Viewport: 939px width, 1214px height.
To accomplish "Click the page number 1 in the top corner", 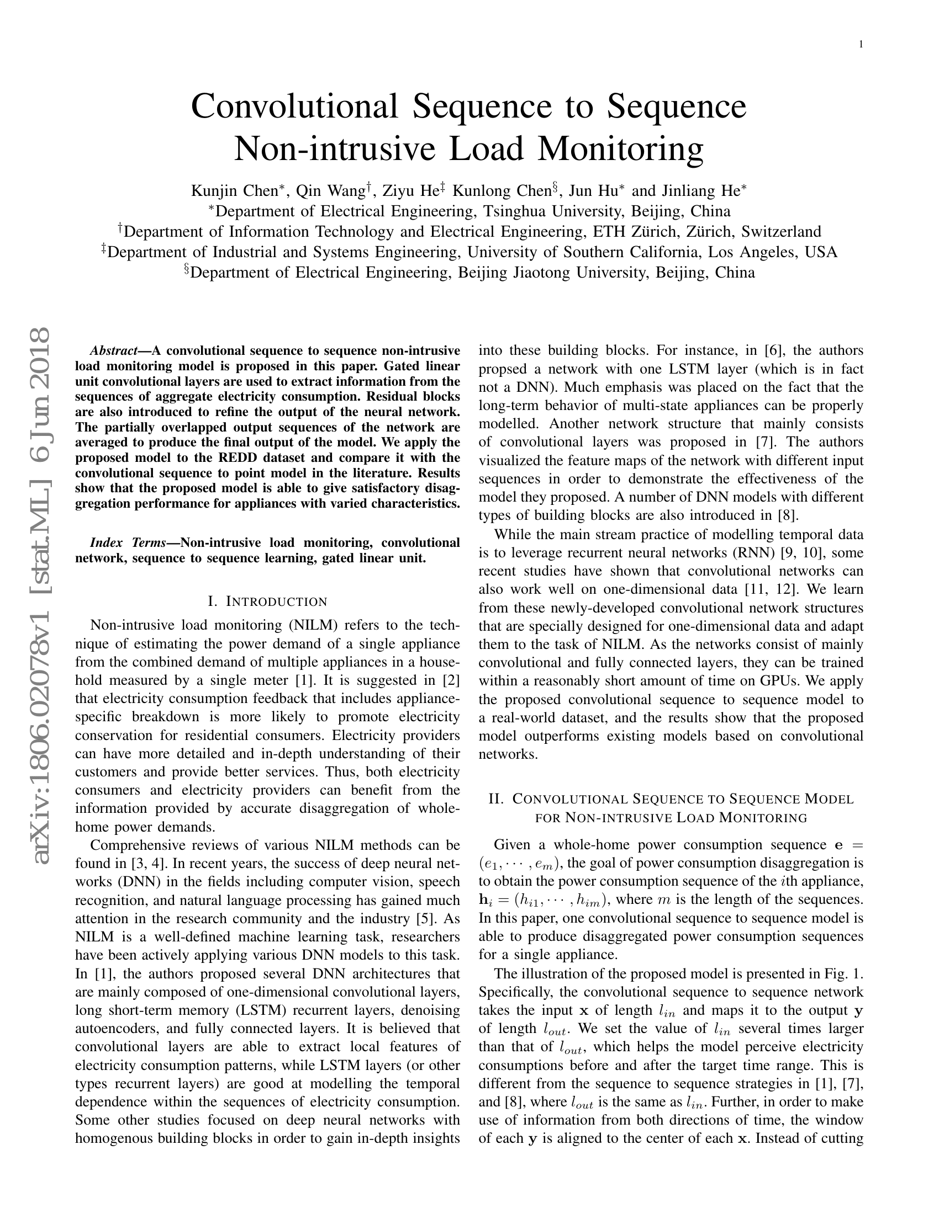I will click(x=861, y=45).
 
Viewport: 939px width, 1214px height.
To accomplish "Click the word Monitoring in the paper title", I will click(x=618, y=148).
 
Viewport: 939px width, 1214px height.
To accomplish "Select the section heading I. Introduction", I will click(x=267, y=601).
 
